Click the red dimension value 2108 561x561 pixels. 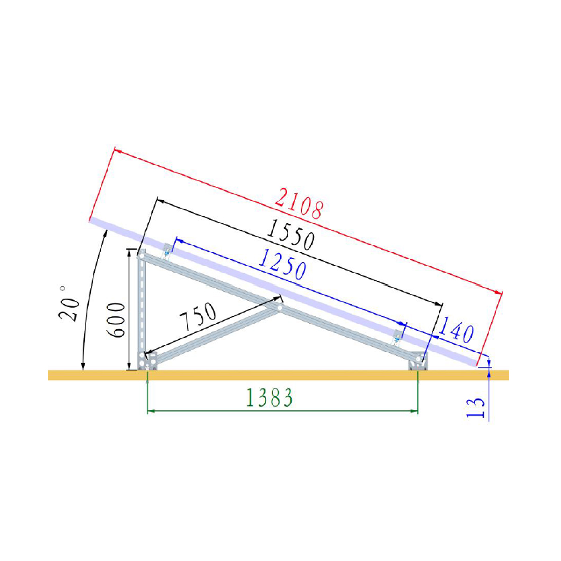tap(298, 204)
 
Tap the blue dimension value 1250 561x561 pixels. tap(282, 264)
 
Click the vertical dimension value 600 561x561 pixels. tap(116, 320)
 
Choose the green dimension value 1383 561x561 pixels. tap(269, 397)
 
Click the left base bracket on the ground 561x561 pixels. tap(148, 361)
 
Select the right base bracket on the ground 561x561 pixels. tap(417, 362)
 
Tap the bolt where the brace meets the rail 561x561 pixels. tap(279, 308)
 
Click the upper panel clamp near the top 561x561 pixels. tap(166, 251)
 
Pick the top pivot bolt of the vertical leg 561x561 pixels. tap(141, 256)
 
